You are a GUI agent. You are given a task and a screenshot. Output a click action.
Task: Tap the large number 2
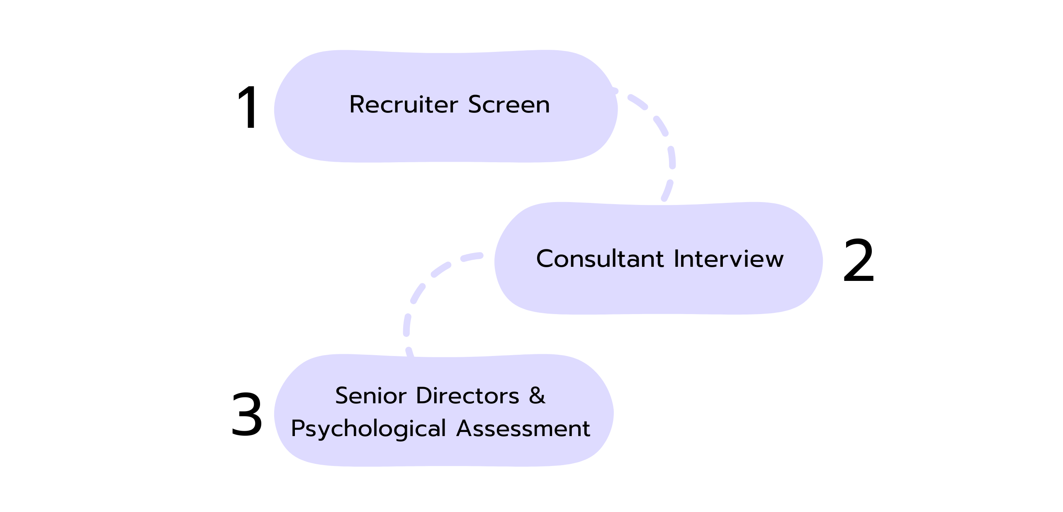click(x=859, y=260)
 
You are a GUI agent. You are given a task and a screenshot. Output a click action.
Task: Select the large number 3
click(x=247, y=414)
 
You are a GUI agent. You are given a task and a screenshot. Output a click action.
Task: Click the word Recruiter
click(x=404, y=104)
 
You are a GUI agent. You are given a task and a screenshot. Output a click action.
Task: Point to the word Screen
click(x=509, y=104)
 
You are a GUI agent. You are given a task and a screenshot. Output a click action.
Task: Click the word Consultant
click(x=600, y=258)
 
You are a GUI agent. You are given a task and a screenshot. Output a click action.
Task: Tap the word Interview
click(x=729, y=258)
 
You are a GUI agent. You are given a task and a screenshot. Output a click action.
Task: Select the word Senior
click(x=370, y=395)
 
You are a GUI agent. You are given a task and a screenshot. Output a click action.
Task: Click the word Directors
click(x=467, y=395)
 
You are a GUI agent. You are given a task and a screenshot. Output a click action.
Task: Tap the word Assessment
click(x=523, y=428)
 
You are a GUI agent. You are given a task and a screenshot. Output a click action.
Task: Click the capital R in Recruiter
click(x=358, y=104)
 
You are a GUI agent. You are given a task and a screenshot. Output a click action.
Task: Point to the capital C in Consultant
click(x=545, y=258)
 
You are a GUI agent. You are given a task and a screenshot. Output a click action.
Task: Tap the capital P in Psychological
click(x=299, y=428)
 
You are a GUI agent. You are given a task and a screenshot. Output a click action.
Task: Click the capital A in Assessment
click(x=465, y=428)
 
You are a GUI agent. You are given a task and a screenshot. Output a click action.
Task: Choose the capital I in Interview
click(x=677, y=258)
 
